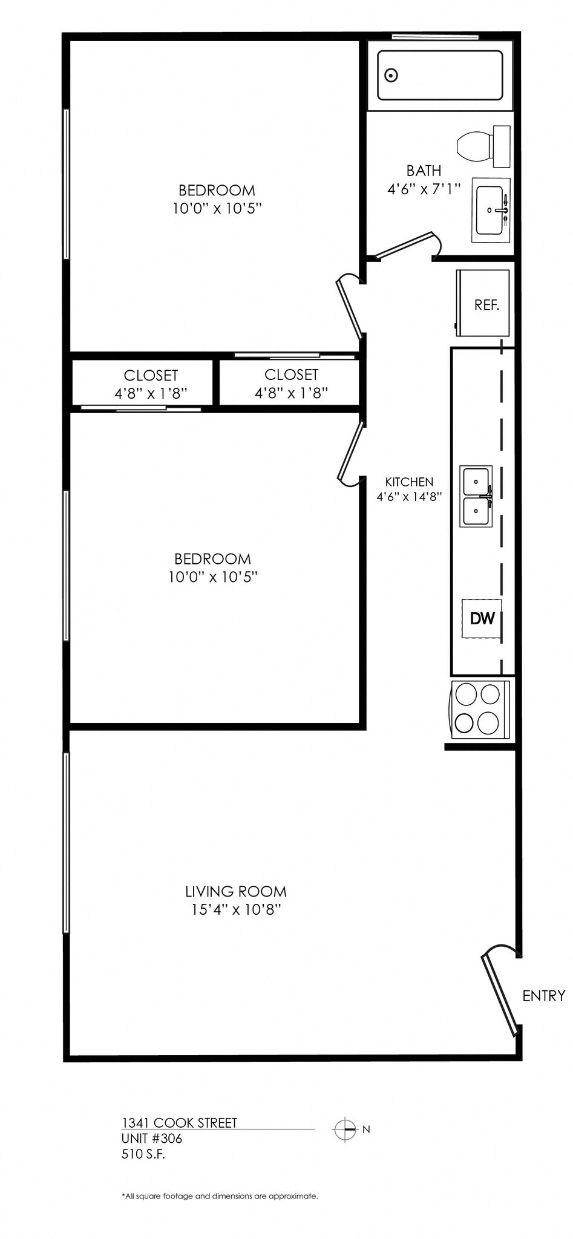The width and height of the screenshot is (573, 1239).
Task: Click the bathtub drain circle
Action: coord(391,76)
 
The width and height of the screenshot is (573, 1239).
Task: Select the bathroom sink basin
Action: coord(490,210)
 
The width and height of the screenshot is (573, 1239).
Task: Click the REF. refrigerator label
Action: coord(486,305)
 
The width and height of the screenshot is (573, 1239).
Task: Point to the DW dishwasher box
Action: coord(482,618)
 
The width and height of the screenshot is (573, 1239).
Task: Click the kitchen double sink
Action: coord(476,496)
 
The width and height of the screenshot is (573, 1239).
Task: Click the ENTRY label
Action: coord(543,995)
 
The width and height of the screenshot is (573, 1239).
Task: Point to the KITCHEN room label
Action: coord(409,482)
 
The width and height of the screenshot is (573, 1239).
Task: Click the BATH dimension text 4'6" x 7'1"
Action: coord(424,189)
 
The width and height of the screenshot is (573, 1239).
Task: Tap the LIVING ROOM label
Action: coord(235,891)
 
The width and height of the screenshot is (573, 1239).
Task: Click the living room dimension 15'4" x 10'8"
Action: coord(235,909)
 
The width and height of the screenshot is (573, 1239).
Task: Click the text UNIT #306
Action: coord(151,1139)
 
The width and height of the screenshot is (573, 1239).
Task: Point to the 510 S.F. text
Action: coord(143,1154)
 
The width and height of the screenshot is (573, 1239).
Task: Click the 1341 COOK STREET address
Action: coord(179,1123)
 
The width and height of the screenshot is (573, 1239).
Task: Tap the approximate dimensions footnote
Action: coord(219,1196)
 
